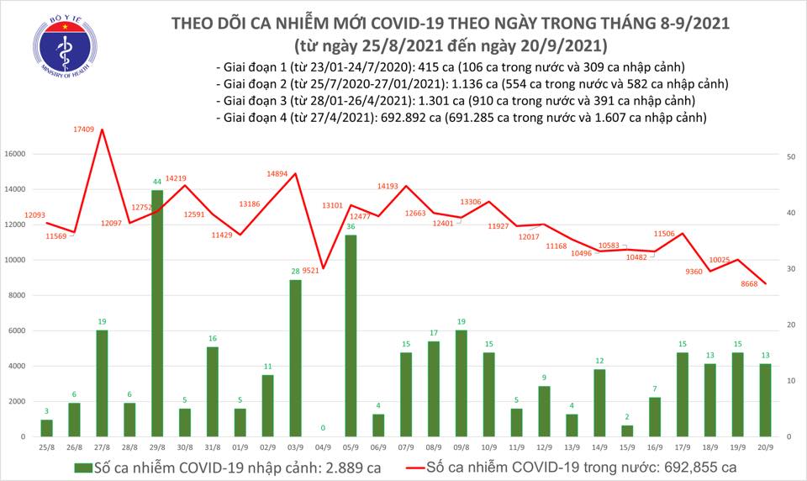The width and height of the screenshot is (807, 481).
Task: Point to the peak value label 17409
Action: click(x=83, y=129)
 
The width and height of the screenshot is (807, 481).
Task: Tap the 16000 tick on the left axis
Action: click(x=24, y=155)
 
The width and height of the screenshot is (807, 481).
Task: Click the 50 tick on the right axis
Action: click(x=792, y=157)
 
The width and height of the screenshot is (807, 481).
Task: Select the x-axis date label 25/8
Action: click(x=48, y=446)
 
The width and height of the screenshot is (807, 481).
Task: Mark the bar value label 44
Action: click(x=157, y=182)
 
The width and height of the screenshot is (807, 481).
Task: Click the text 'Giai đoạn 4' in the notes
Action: click(x=250, y=118)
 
